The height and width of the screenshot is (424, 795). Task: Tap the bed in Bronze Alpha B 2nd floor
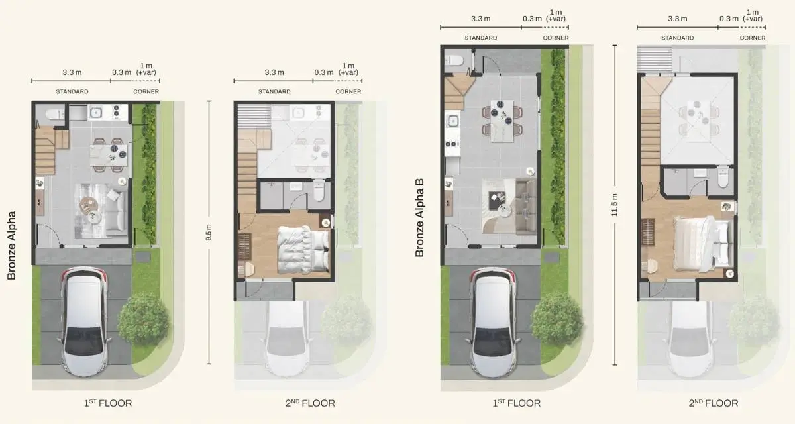click(701, 242)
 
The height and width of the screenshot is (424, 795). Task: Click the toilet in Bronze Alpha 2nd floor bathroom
click(319, 192)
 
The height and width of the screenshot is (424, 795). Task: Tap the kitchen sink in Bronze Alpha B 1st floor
click(454, 121)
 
